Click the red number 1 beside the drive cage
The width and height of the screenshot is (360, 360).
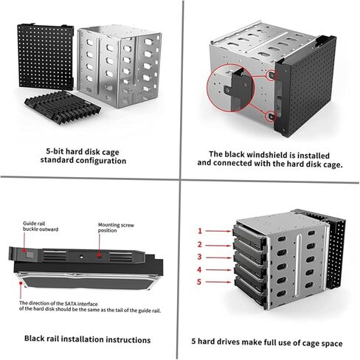tap(200, 231)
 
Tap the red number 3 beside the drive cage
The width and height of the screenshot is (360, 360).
tap(199, 257)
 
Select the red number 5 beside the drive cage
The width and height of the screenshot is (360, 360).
tap(199, 282)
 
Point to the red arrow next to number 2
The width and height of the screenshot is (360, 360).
tap(218, 246)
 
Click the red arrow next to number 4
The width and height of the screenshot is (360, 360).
tap(218, 270)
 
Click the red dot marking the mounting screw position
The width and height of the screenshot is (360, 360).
tap(99, 255)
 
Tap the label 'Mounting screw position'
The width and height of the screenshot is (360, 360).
tap(116, 228)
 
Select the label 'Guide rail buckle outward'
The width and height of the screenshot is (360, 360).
tap(41, 226)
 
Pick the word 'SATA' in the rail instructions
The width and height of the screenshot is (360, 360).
tap(71, 304)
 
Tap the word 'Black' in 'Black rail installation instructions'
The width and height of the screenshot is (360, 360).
tap(33, 339)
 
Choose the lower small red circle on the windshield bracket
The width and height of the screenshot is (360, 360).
tap(271, 117)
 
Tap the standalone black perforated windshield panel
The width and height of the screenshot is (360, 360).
tap(46, 56)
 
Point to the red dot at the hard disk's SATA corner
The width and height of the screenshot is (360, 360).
tap(21, 283)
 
